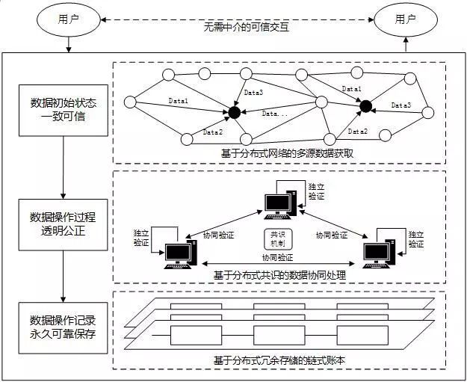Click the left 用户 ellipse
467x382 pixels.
67,20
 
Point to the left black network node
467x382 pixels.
234,114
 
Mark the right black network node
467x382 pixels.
365,107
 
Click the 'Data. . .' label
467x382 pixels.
276,114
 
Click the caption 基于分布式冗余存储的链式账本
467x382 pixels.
283,360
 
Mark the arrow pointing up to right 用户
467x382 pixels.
405,44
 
